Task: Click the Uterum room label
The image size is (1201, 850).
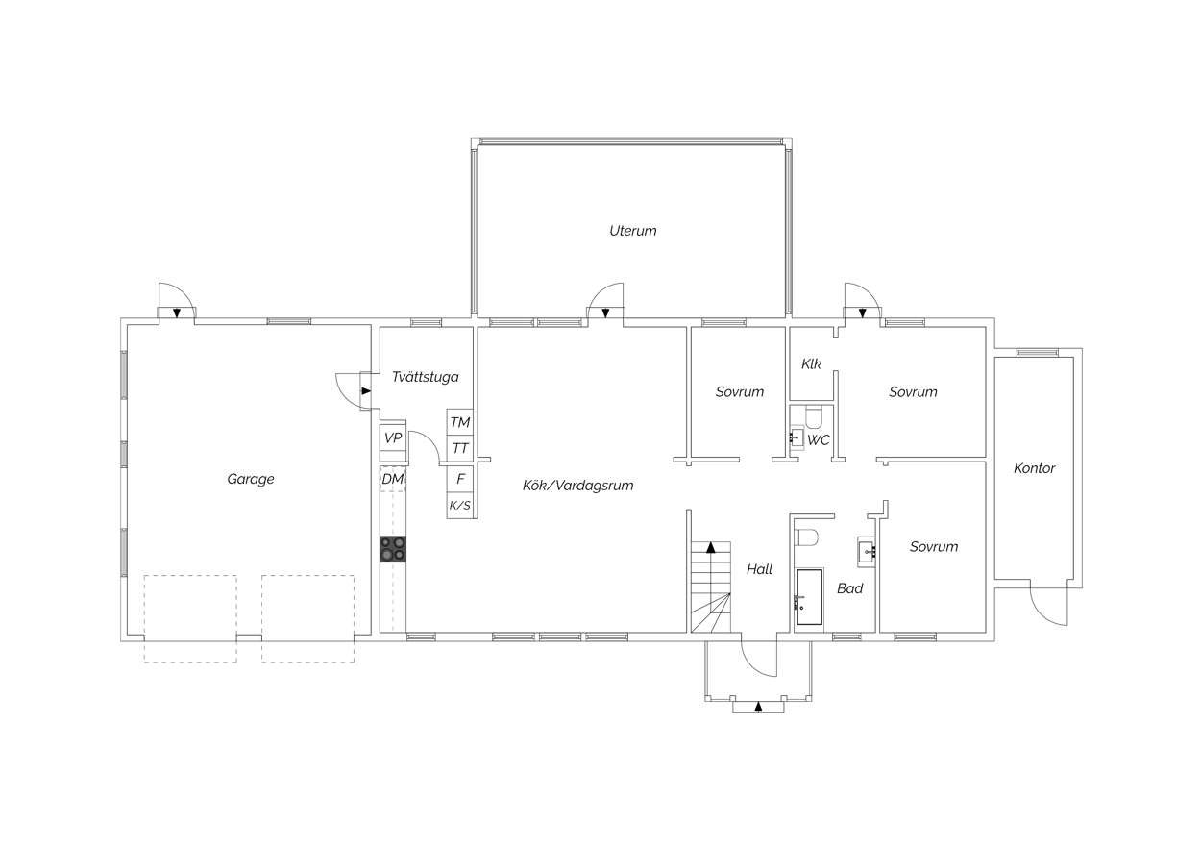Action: click(632, 231)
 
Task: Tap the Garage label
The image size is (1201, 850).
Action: click(251, 479)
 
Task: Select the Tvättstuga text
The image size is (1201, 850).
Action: click(426, 377)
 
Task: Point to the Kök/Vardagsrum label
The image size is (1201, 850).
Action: click(578, 486)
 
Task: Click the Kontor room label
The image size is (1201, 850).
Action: click(1034, 468)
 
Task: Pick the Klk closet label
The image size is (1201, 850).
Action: click(811, 363)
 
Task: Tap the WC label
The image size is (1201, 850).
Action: click(819, 440)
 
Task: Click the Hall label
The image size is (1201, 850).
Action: click(759, 569)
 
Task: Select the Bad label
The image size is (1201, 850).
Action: click(849, 588)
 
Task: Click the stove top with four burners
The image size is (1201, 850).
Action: click(393, 549)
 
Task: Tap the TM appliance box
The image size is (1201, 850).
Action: click(460, 422)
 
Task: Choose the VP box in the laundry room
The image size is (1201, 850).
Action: click(393, 438)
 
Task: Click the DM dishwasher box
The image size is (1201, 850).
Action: click(393, 479)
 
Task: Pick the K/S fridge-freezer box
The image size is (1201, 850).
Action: click(460, 505)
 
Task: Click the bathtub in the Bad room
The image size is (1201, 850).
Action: click(810, 597)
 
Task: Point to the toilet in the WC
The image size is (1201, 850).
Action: click(814, 417)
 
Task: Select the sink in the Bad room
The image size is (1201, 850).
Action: click(867, 551)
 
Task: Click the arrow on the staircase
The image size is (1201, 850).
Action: click(711, 548)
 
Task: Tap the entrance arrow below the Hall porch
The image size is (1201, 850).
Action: click(758, 707)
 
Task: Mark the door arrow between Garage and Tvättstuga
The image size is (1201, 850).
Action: click(366, 391)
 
